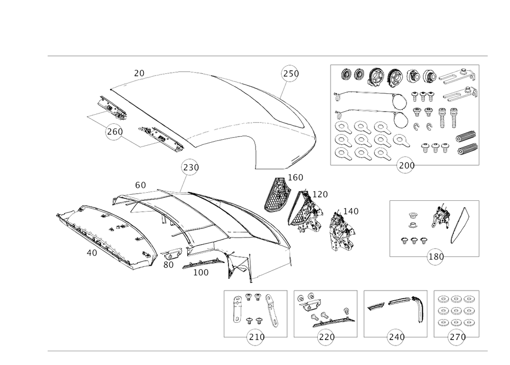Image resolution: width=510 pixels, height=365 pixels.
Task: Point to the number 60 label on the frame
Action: point(140,186)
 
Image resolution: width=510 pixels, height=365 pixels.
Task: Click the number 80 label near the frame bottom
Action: point(169,265)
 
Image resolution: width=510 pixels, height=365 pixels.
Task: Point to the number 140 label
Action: point(350,210)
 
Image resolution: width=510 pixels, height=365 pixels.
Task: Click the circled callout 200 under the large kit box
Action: point(406,165)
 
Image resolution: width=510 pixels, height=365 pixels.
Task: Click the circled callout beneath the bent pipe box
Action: point(395,336)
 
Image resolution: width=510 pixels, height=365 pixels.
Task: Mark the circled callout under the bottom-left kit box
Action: point(254,336)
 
